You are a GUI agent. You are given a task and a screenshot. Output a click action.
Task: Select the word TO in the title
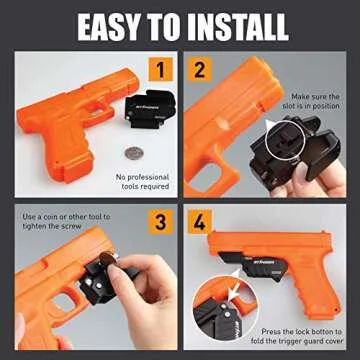tap(171, 27)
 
